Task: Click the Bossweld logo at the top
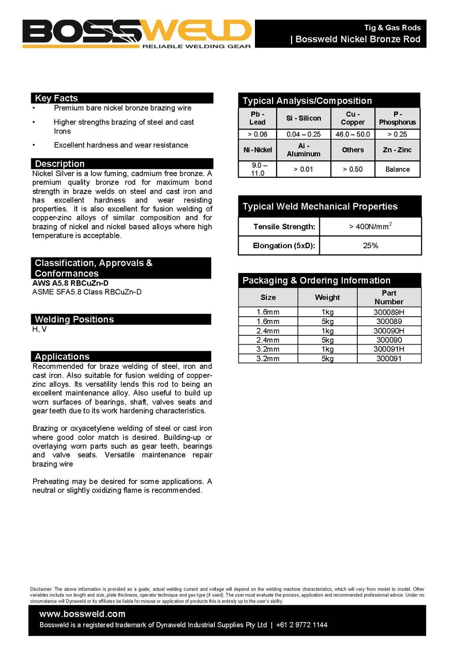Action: tap(137, 34)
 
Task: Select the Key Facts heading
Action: tap(56, 98)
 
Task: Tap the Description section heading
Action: tap(59, 164)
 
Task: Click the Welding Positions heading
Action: tap(74, 319)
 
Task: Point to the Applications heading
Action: tap(62, 356)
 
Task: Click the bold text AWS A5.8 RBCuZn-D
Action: tap(70, 283)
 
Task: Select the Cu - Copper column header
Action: tap(352, 118)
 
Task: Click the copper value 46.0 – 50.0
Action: tap(352, 134)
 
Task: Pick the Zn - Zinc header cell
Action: tap(397, 150)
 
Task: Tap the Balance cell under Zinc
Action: tap(397, 169)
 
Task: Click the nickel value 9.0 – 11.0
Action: tap(257, 169)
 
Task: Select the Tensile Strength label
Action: tap(284, 227)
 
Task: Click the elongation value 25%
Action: tap(370, 246)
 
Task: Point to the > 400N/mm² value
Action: tap(370, 226)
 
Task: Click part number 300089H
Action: tap(389, 312)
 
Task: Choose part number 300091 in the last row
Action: tap(389, 358)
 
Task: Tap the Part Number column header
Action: tap(389, 297)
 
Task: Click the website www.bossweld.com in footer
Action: tap(82, 614)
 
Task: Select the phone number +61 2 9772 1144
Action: tap(301, 625)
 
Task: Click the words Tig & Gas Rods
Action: tap(392, 28)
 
